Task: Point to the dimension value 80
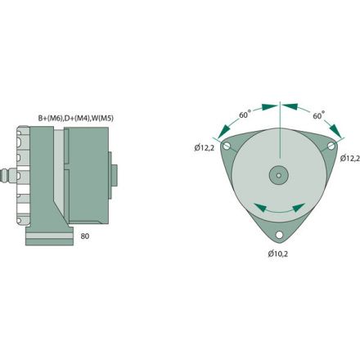pos(86,236)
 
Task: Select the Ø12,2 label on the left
pos(205,148)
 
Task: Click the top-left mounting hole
pos(229,146)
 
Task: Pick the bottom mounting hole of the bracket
pos(279,235)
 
